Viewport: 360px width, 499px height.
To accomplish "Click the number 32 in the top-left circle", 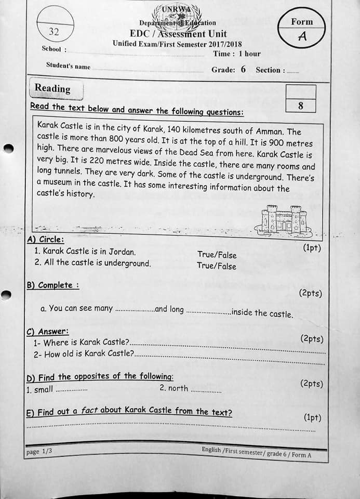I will click(54, 32).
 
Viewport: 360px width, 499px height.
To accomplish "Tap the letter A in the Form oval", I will click(302, 37).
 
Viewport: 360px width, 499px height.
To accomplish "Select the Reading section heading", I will click(52, 88).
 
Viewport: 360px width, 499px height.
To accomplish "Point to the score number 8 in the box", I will click(301, 106).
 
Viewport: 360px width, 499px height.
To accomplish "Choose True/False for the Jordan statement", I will click(217, 255).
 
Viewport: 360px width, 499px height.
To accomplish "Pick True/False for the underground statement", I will click(216, 266).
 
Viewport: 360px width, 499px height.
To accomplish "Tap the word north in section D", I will click(178, 388).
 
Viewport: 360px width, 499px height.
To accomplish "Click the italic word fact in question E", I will click(90, 411).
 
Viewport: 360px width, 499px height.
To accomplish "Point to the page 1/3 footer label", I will click(39, 452).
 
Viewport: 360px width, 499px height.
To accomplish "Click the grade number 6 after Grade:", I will click(243, 69).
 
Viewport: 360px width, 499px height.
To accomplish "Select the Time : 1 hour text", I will click(237, 54).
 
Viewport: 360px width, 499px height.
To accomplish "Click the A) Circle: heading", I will click(45, 240).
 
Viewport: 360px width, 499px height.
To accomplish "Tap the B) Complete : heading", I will click(52, 285).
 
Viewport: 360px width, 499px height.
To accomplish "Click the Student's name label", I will click(68, 66).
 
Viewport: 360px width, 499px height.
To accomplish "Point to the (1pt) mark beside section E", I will click(312, 417).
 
